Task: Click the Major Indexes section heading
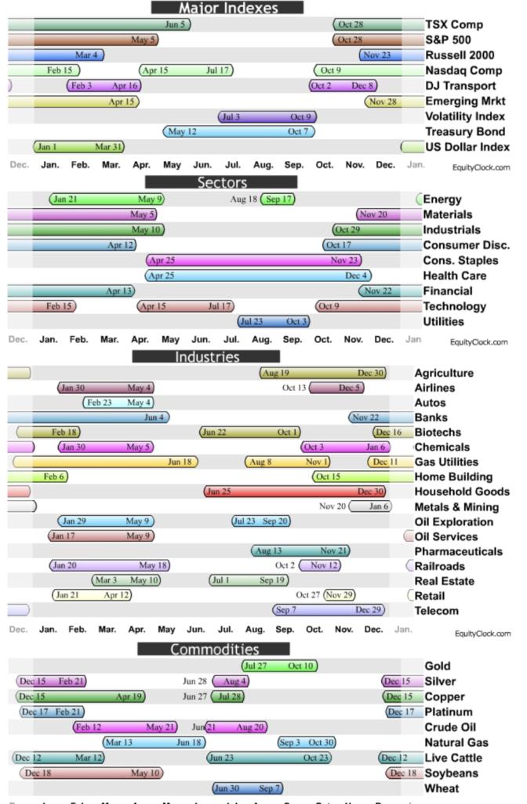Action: [227, 8]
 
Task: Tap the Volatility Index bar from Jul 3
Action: [267, 117]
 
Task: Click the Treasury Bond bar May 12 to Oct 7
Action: [238, 132]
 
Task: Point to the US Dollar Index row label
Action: [467, 147]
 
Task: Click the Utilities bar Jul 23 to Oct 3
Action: [274, 321]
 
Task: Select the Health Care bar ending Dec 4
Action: [258, 276]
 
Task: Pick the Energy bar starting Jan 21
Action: [107, 199]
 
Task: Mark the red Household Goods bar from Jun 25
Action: [295, 492]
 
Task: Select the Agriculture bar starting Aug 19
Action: [322, 373]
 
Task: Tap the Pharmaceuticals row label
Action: [459, 551]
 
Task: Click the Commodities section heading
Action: [214, 649]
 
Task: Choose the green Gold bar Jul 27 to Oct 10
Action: [279, 667]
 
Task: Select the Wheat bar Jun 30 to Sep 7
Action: [247, 788]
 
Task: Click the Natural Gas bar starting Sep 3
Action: [307, 743]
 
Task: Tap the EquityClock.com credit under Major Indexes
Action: [481, 167]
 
